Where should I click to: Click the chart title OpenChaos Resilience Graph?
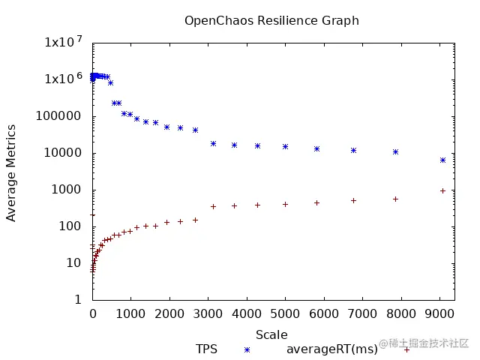click(x=271, y=20)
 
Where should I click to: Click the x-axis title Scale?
click(x=271, y=334)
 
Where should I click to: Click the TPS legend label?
click(x=206, y=349)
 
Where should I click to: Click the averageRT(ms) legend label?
click(x=332, y=349)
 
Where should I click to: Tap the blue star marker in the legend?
click(x=247, y=349)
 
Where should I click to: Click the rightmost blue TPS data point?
click(x=442, y=160)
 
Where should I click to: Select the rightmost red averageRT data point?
click(x=442, y=190)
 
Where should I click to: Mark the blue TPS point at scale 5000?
click(x=285, y=146)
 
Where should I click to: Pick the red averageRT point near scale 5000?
click(x=285, y=204)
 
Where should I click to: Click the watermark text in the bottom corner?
click(x=424, y=343)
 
